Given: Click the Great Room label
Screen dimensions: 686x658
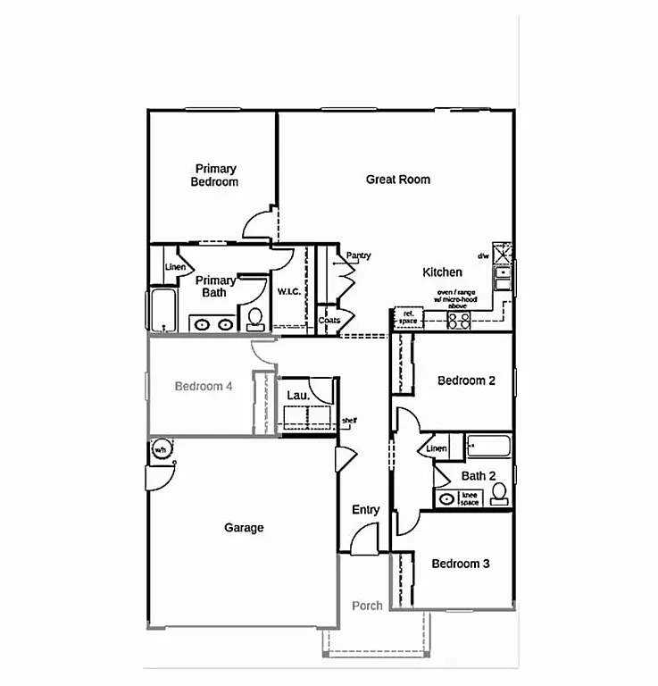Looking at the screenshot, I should [398, 180].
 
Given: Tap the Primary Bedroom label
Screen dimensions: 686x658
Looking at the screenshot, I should [215, 175].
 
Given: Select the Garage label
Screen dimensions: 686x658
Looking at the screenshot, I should [244, 528].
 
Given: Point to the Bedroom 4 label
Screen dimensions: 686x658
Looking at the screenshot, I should [204, 387].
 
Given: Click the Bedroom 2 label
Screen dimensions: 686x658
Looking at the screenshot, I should [466, 381].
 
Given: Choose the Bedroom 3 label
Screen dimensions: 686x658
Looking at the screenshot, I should [461, 564].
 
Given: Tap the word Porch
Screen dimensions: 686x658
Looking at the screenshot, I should [367, 606].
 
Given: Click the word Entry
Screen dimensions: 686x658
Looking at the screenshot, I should [365, 510].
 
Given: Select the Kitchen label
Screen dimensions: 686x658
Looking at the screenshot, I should [442, 272].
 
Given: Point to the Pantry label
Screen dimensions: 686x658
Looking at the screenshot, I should [358, 256].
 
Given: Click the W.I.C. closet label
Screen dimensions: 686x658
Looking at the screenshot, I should [287, 291].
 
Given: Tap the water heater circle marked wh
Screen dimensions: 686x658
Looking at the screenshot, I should [162, 448].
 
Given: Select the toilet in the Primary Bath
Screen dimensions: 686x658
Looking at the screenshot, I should [255, 317].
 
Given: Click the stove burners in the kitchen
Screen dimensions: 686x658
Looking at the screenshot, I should [459, 320].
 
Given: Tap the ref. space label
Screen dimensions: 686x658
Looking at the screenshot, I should [409, 317].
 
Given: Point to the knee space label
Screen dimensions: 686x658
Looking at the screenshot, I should [470, 498].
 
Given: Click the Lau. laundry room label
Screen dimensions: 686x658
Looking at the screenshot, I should [298, 395].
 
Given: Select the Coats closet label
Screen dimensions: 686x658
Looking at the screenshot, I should [329, 320].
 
